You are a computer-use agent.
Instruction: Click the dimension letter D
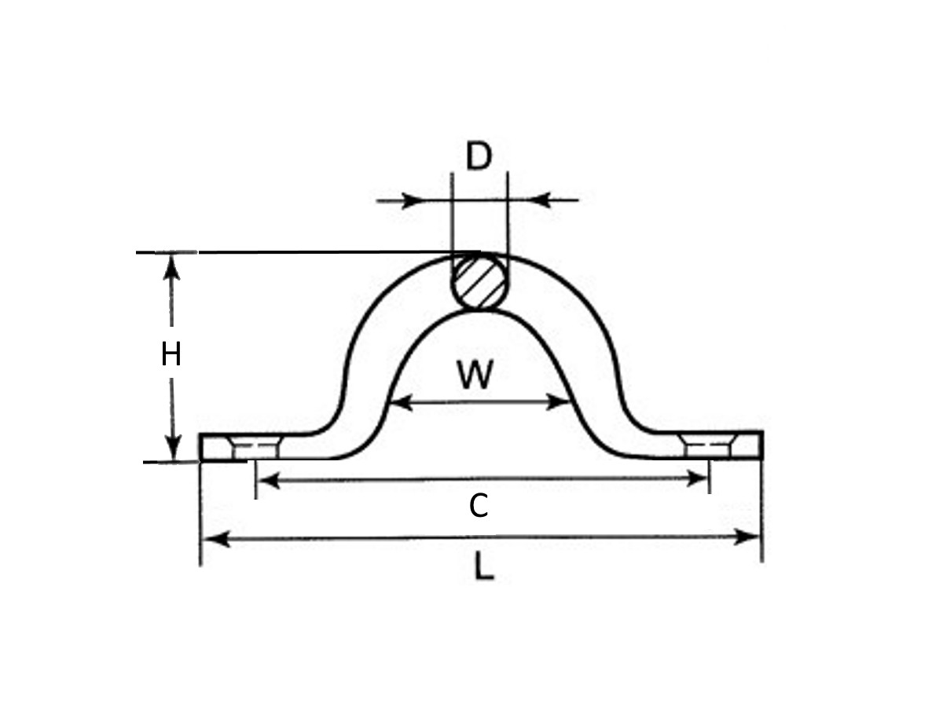[x=478, y=157]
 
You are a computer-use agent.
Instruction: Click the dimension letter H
[x=171, y=355]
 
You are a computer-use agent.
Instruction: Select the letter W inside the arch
[x=476, y=375]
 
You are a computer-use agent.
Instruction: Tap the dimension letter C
[x=478, y=507]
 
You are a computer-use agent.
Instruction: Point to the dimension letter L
[x=484, y=567]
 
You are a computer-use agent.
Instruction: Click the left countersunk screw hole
[x=255, y=448]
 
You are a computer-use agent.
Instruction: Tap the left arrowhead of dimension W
[x=399, y=404]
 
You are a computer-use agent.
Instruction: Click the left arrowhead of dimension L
[x=212, y=539]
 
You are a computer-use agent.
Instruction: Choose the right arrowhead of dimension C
[x=699, y=478]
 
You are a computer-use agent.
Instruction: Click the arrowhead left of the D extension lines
[x=412, y=200]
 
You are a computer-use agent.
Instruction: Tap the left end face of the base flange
[x=200, y=447]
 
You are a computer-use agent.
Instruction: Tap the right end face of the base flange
[x=761, y=445]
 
